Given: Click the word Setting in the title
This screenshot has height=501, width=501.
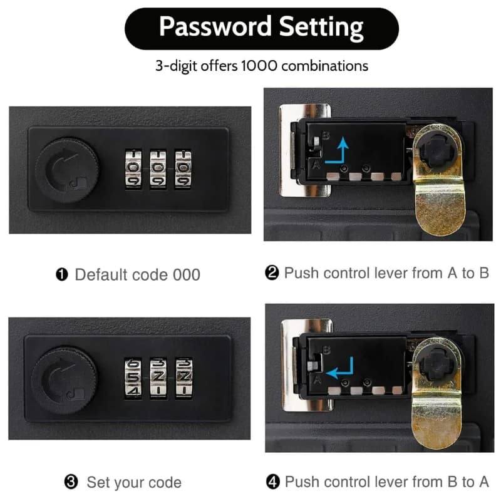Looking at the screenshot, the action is pos(321,28).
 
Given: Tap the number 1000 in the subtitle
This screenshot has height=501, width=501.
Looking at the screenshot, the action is pos(259,66).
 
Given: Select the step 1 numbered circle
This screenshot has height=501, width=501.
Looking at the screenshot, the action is pos(61,274).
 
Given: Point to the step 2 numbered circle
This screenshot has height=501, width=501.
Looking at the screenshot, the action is pos(272,273).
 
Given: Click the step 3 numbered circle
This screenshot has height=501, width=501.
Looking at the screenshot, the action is pos(71,482).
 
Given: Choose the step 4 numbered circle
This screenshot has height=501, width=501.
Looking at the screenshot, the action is pos(272,482).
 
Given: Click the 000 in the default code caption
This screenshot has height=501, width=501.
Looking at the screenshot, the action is pos(187,275).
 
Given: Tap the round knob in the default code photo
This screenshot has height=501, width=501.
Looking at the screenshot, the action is pos(66,170).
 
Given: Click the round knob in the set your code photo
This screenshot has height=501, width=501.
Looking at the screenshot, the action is pos(64,381).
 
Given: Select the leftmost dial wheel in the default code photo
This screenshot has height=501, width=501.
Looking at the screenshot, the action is pos(133,168).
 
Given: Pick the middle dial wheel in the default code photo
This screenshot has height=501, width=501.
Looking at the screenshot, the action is pos(158,168).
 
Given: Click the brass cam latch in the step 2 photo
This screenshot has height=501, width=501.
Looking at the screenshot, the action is pos(438,180).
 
